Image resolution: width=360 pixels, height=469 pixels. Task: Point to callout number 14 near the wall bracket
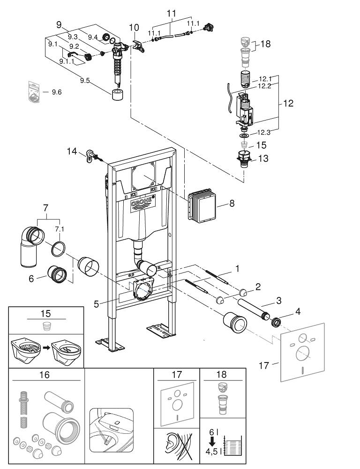(x=71, y=151)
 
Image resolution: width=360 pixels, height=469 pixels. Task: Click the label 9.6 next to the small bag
(x=56, y=92)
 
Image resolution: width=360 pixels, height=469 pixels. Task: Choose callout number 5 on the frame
(x=96, y=304)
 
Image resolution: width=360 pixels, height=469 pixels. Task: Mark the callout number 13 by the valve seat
(x=263, y=159)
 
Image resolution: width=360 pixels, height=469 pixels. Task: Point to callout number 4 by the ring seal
(x=285, y=310)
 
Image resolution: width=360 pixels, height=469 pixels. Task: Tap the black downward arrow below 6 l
(x=211, y=441)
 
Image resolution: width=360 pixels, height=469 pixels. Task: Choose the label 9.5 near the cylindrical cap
(x=84, y=81)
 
